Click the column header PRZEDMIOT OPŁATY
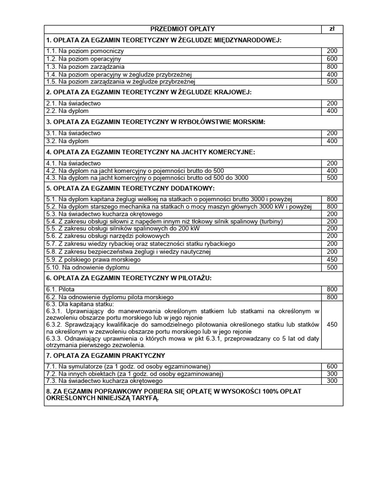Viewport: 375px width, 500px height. point(183,29)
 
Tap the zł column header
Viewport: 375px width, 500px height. point(332,29)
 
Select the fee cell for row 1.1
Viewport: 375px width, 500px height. point(332,51)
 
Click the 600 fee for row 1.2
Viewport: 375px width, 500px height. point(332,59)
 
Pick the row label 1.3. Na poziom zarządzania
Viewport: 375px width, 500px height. point(85,67)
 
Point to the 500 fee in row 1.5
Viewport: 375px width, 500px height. point(332,82)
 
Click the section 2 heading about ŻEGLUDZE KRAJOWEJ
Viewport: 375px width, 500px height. point(148,92)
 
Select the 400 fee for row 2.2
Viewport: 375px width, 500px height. point(332,111)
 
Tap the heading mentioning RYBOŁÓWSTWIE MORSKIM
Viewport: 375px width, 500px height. point(155,122)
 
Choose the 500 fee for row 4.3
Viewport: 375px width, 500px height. point(332,178)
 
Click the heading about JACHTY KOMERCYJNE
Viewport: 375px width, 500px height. point(150,152)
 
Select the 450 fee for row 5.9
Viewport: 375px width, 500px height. point(332,260)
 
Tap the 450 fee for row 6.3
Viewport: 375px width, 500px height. point(332,324)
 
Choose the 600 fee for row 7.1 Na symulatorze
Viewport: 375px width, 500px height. point(332,367)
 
